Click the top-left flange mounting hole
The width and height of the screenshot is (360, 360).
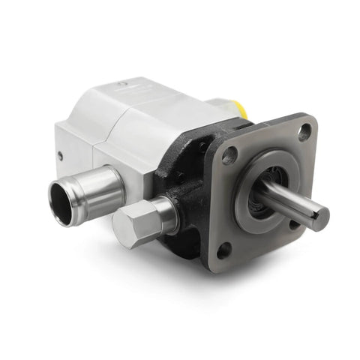tap(229, 154)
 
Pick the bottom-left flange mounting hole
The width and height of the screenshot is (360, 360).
tap(224, 250)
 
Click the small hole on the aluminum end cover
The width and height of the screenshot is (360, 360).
tap(60, 156)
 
